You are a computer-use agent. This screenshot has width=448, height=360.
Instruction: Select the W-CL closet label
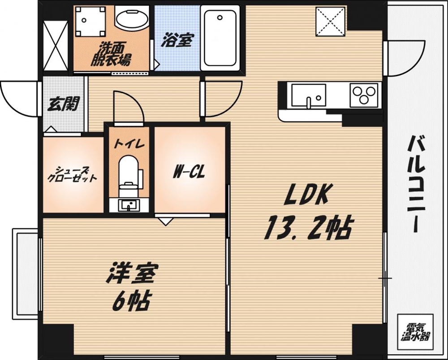[x=189, y=172]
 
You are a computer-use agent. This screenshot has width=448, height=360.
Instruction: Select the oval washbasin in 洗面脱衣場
[x=132, y=18]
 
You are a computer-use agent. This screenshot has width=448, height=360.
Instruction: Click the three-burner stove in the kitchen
[x=364, y=95]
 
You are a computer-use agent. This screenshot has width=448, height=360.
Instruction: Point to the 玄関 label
[x=63, y=104]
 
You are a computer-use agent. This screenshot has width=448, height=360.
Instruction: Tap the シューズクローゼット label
[x=73, y=174]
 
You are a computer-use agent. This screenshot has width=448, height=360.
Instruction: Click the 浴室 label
[x=177, y=41]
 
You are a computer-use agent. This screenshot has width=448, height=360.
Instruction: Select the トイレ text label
[x=129, y=144]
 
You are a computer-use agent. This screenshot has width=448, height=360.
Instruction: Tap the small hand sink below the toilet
[x=129, y=205]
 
